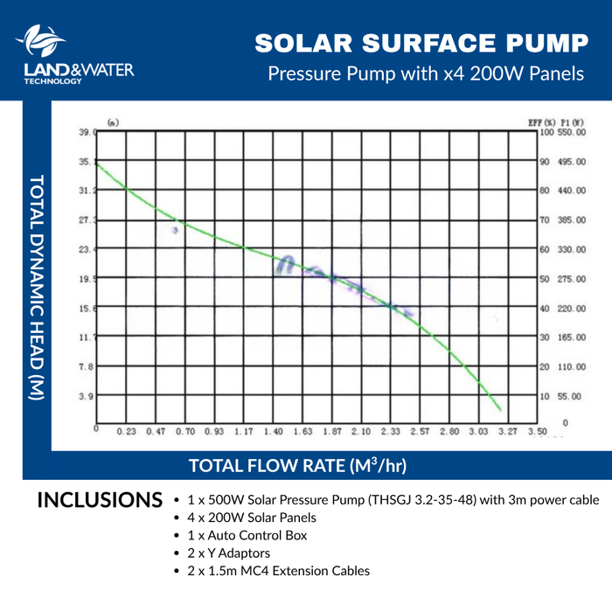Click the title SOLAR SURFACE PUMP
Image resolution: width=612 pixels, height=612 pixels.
pyautogui.click(x=421, y=43)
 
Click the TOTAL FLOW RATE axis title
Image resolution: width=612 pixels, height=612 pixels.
pyautogui.click(x=297, y=465)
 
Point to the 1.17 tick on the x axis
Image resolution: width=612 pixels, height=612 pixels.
pyautogui.click(x=244, y=431)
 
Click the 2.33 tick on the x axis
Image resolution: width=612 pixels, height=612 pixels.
pyautogui.click(x=391, y=431)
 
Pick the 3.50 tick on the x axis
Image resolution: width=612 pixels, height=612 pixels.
pyautogui.click(x=538, y=431)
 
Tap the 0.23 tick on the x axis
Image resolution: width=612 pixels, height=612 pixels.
pyautogui.click(x=127, y=431)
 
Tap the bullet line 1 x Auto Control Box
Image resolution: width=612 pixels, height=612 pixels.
pyautogui.click(x=247, y=535)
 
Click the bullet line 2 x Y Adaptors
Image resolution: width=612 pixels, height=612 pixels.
pyautogui.click(x=228, y=553)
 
